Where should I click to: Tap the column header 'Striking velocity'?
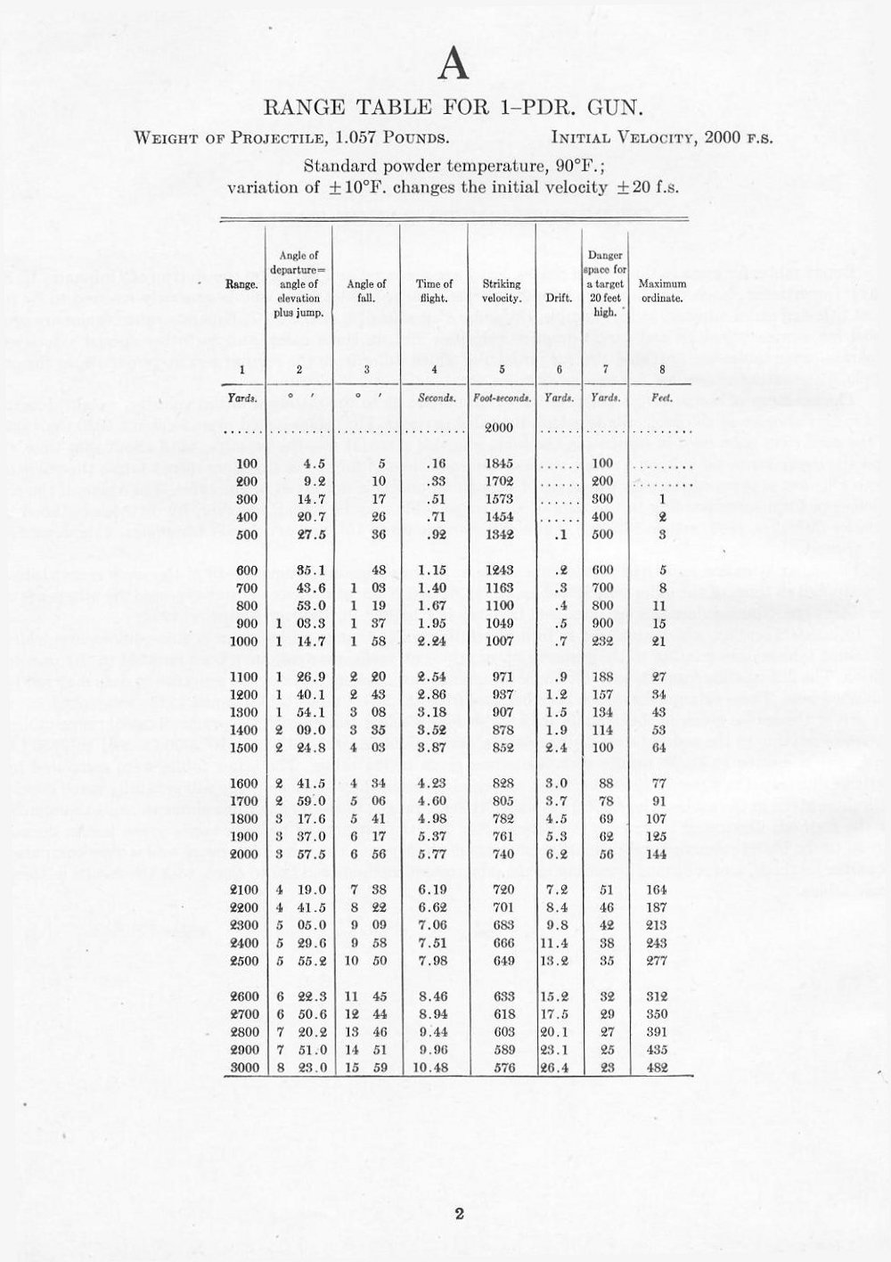coord(502,291)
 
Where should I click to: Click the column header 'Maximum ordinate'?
coord(662,291)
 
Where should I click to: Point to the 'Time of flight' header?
coord(434,291)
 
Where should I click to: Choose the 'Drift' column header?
coord(559,298)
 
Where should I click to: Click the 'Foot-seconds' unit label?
coord(502,397)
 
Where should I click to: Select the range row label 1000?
coord(243,641)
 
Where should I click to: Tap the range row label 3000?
coord(243,1068)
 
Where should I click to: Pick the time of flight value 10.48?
coord(431,1068)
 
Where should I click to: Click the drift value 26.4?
coord(556,1068)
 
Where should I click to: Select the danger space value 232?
coord(603,641)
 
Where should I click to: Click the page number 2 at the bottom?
coord(459,1213)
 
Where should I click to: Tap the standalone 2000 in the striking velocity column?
coord(499,427)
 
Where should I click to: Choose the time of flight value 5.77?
coord(432,854)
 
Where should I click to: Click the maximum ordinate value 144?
coord(658,854)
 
